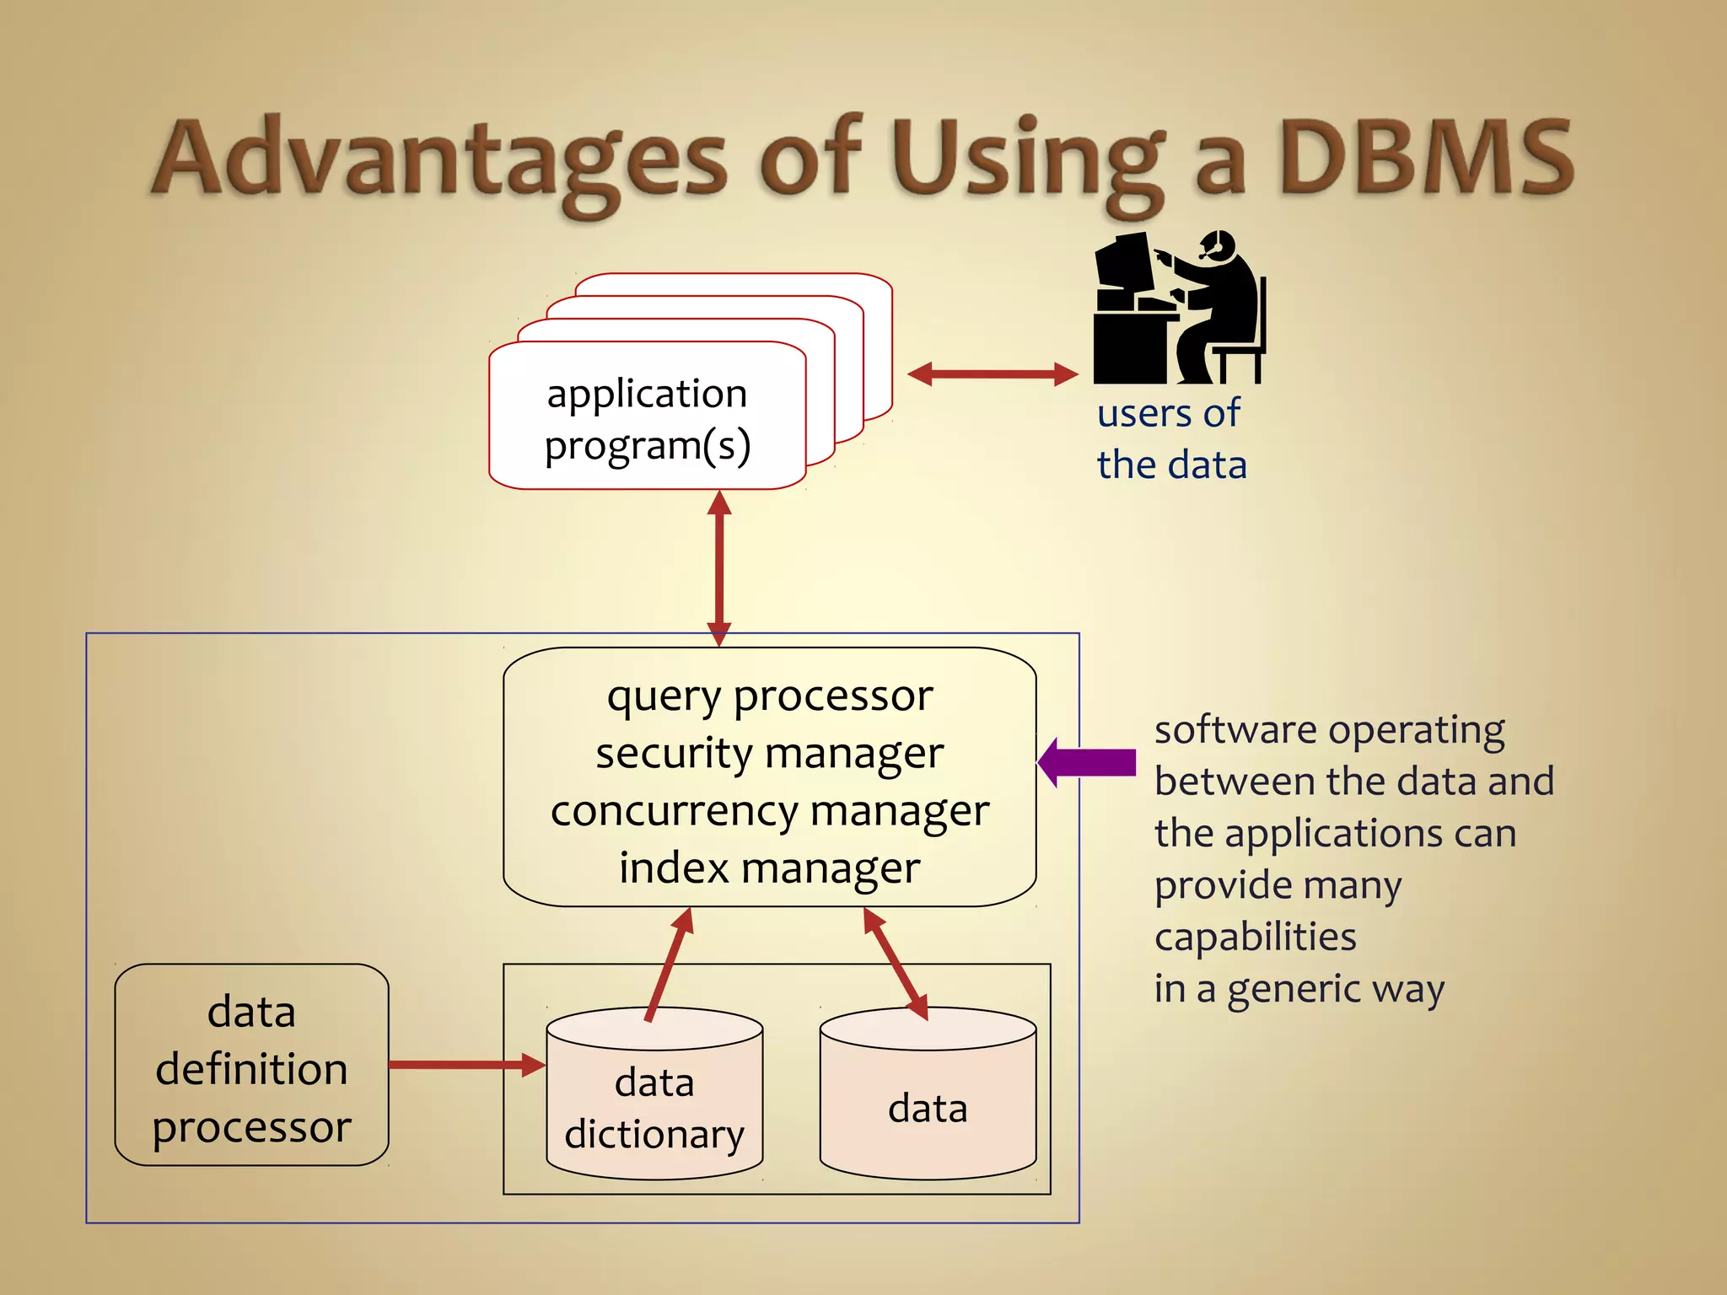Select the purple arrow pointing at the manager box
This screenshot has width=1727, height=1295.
coord(1088,762)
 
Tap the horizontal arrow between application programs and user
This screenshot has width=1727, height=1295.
coord(993,374)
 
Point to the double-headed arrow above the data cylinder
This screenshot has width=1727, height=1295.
coord(896,964)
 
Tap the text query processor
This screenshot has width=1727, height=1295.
coord(769,696)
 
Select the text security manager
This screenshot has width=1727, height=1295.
coord(769,753)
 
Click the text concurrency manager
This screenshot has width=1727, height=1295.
coord(769,810)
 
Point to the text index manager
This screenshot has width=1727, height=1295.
coord(769,868)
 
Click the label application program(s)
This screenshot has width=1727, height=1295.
coord(647,419)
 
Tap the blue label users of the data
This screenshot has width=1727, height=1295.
coord(1170,439)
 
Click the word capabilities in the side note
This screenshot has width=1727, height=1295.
coord(1255,937)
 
